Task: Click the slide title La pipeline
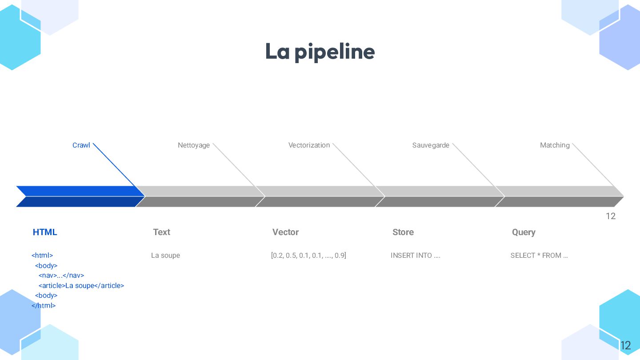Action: (320, 52)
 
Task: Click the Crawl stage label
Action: (81, 145)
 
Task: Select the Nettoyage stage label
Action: (194, 145)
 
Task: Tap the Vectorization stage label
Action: (309, 145)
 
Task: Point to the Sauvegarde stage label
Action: (431, 145)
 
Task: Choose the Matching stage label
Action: (555, 145)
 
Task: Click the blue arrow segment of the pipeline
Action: (80, 196)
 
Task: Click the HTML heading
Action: (45, 232)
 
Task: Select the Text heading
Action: (161, 232)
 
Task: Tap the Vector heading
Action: (285, 232)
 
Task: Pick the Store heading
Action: (403, 232)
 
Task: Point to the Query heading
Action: (524, 232)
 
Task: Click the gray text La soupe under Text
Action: (165, 256)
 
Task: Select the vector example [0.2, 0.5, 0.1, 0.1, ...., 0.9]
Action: (308, 256)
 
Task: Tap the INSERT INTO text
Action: (415, 256)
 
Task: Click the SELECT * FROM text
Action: (539, 256)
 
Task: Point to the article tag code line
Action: (81, 286)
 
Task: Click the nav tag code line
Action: (61, 276)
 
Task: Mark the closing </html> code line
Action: (44, 306)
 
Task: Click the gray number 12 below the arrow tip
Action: (611, 216)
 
